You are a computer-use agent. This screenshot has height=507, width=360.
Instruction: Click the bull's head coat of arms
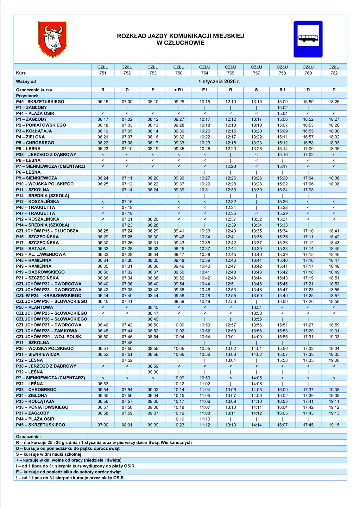coord(53,39)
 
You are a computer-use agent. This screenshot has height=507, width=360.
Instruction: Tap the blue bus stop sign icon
coord(308,39)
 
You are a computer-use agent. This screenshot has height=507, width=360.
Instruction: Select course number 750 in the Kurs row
coord(179,73)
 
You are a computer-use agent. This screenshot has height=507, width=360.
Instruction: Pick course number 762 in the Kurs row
coord(334,73)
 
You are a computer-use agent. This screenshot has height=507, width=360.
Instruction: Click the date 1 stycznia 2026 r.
coord(219,81)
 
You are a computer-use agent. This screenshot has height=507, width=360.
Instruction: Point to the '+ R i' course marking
coord(179,90)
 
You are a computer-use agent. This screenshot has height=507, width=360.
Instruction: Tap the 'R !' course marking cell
coord(282,90)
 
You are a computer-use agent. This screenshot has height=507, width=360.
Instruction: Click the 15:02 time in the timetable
coord(282,108)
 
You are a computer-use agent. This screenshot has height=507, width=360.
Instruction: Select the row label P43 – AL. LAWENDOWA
coord(41,254)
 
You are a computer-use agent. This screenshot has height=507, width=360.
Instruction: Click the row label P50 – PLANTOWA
coord(35,307)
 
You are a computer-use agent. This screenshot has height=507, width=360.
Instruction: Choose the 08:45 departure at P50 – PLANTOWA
coord(153,307)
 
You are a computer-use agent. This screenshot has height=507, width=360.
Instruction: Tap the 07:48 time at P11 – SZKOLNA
coord(127,343)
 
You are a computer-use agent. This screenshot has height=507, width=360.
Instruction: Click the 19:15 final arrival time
coord(334,425)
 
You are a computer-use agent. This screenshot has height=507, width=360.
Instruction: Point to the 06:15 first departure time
coord(103,102)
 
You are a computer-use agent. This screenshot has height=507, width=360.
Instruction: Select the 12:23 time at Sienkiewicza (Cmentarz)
coord(231,166)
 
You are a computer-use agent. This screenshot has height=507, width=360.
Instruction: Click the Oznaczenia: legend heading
coord(28,437)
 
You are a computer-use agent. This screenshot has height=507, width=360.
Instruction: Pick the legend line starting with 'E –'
coord(68,472)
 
